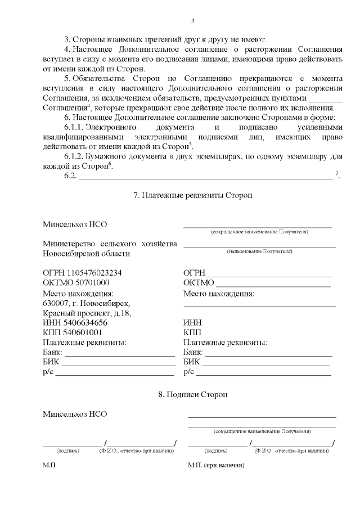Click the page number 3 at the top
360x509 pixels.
tap(192, 21)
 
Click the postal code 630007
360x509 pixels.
tap(54, 303)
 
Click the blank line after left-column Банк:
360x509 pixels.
tap(119, 355)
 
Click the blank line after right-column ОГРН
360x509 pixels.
tap(268, 276)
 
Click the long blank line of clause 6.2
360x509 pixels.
tap(205, 178)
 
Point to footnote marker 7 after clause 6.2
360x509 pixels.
tap(337, 174)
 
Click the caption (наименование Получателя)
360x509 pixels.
tap(259, 251)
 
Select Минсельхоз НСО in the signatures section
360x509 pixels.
tap(75, 415)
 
